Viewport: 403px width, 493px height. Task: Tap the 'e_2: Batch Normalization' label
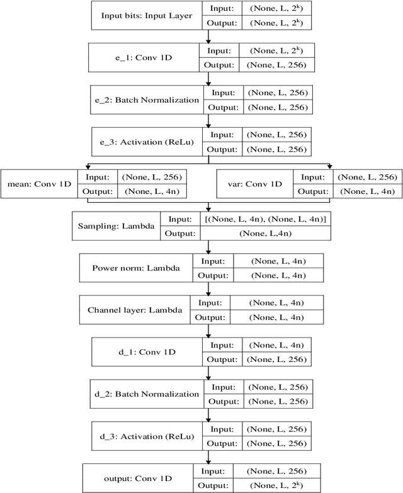[x=148, y=99]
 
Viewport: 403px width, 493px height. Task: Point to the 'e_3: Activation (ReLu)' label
[x=148, y=141]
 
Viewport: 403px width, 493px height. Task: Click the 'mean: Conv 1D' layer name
[x=38, y=184]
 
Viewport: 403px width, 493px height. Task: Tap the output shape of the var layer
[x=366, y=191]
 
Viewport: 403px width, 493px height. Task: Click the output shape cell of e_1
[x=276, y=65]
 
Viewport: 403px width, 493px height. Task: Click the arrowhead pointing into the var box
[x=330, y=167]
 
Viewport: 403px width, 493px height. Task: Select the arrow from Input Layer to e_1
[x=208, y=36]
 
